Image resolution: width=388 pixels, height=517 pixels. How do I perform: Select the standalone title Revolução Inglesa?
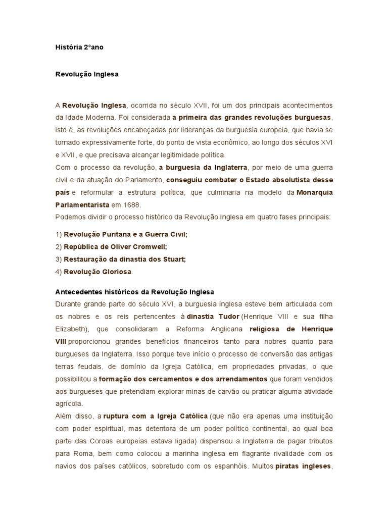(x=87, y=74)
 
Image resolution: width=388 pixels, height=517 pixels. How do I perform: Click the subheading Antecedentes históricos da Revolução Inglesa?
(x=134, y=292)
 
